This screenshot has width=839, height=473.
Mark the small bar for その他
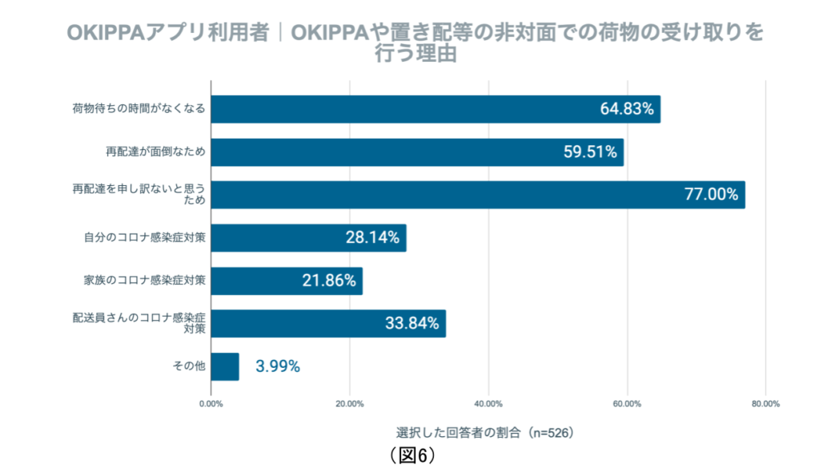[x=225, y=366]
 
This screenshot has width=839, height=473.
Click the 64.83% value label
[x=630, y=109]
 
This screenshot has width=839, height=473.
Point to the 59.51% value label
[x=590, y=152]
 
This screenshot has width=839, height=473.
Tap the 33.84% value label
[x=411, y=324]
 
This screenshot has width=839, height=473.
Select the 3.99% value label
[x=278, y=366]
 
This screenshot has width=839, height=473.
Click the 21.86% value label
[x=328, y=281]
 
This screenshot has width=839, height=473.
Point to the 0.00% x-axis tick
[x=211, y=403]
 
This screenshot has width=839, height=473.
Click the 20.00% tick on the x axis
[x=350, y=403]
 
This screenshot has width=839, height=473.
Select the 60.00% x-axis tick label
[x=627, y=403]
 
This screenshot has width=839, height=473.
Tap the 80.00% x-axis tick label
[x=766, y=403]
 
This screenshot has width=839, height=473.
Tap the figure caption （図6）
[x=413, y=455]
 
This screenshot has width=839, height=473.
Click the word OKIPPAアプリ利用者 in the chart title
[x=167, y=33]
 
